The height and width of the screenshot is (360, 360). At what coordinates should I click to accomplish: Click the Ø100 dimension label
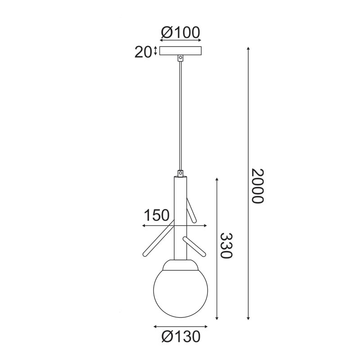pyautogui.click(x=180, y=32)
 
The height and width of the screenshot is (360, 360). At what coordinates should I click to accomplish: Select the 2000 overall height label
pyautogui.click(x=257, y=186)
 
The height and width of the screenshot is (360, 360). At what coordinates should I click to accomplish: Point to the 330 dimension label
pyautogui.click(x=226, y=245)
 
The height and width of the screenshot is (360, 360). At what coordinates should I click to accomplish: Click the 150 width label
pyautogui.click(x=157, y=216)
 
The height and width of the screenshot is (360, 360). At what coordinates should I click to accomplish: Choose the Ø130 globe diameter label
pyautogui.click(x=181, y=337)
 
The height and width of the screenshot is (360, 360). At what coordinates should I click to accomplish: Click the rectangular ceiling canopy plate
pyautogui.click(x=181, y=51)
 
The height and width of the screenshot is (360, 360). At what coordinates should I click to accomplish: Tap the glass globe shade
pyautogui.click(x=180, y=293)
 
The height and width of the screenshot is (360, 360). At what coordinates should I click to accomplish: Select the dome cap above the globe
pyautogui.click(x=180, y=265)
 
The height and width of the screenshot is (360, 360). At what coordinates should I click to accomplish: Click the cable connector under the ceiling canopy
pyautogui.click(x=181, y=58)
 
